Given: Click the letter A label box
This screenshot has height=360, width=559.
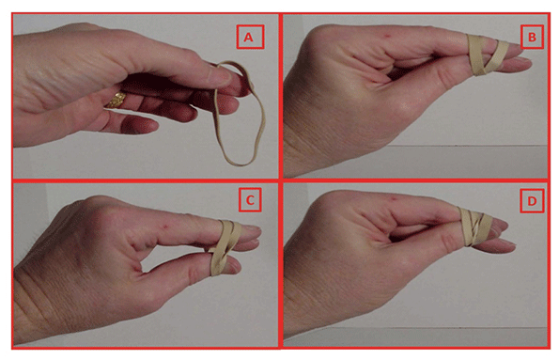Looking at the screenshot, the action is pos(250,37).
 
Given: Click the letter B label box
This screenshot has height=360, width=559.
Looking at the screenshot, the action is pos(532,37).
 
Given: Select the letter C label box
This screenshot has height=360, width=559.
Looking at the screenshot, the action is pos(250,200).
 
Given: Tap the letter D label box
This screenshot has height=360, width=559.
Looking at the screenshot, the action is pos(532,201).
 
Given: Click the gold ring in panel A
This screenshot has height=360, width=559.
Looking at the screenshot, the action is pos(116,100).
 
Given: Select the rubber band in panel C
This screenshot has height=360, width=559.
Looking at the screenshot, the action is pos(224,247).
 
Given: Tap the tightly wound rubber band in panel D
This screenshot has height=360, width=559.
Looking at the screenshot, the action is pos(474,227).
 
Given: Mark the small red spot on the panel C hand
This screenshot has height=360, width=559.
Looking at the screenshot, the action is pos(165,226).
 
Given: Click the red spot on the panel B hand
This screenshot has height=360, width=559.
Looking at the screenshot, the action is pos(387,36).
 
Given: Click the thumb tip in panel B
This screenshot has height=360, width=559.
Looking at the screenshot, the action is pos(525,64).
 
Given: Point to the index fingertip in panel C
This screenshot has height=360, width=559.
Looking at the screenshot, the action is pos(255,231).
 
